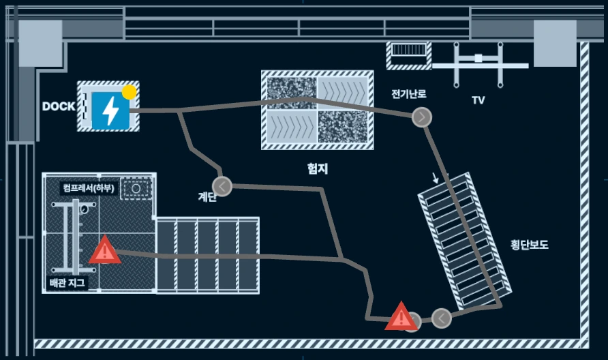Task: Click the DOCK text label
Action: (x=59, y=106)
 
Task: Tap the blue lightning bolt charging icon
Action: (x=110, y=110)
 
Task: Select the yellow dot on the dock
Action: (x=129, y=92)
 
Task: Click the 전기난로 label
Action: (x=409, y=93)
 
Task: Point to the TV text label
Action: (x=478, y=100)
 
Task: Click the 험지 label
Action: (x=318, y=168)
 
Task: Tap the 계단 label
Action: (x=207, y=196)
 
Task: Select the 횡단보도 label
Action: (x=530, y=244)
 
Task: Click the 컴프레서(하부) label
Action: (x=89, y=188)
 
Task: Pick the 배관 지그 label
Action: (x=67, y=282)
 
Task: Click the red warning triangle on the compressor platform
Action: (x=105, y=250)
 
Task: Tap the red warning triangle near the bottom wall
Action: (x=401, y=316)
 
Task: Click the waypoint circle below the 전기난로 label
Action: (x=422, y=117)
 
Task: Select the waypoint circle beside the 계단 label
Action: (x=222, y=187)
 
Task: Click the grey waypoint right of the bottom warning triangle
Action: (x=441, y=318)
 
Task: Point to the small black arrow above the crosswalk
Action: (x=436, y=178)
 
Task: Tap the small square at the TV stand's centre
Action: (x=478, y=58)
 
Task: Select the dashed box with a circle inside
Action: (x=136, y=189)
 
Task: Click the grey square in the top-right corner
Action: (x=555, y=44)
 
